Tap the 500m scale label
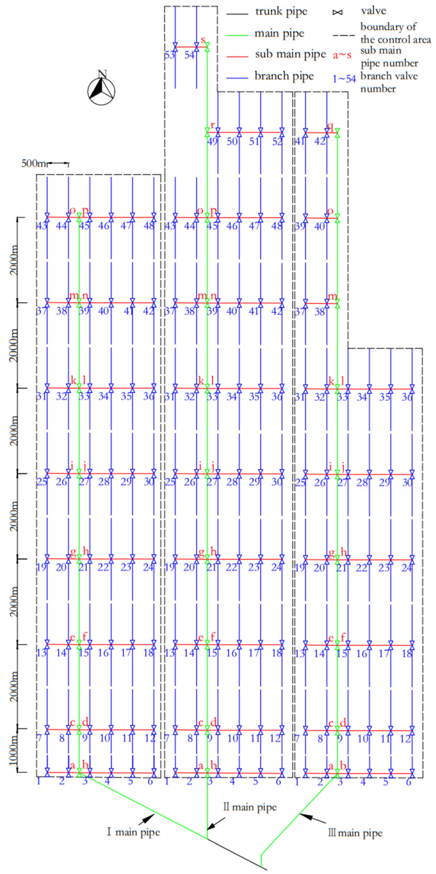pyautogui.click(x=33, y=163)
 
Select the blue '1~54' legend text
pyautogui.click(x=344, y=79)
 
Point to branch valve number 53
pyautogui.click(x=169, y=55)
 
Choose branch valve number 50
pyautogui.click(x=232, y=141)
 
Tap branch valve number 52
pyautogui.click(x=277, y=141)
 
